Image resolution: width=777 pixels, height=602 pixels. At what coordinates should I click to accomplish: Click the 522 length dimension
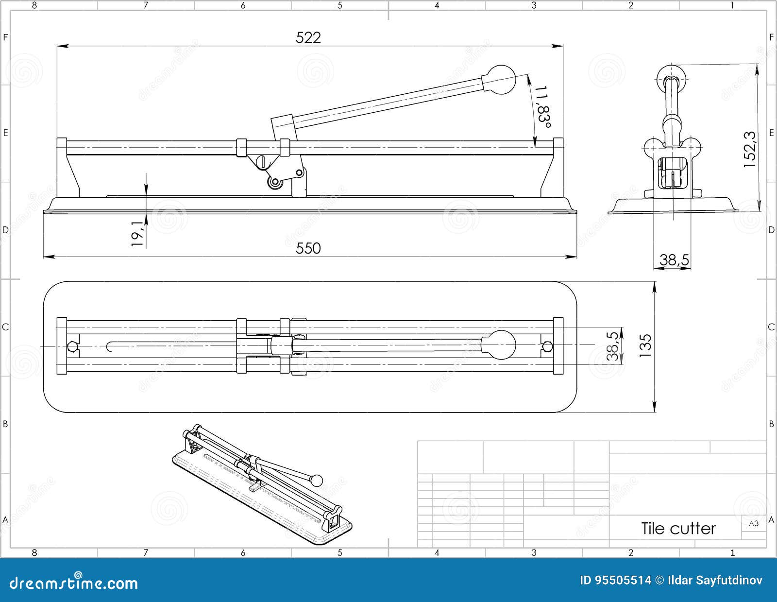308,38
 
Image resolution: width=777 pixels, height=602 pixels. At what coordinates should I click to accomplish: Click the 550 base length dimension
308,248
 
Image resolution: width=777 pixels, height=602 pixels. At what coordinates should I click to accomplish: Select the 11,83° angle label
543,108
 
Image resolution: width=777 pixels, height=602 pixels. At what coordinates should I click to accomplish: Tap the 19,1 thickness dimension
138,233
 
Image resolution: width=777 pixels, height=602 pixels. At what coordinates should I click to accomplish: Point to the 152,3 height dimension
750,150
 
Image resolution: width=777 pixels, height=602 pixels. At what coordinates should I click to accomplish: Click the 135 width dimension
645,346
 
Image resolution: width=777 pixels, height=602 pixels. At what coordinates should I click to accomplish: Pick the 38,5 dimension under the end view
674,260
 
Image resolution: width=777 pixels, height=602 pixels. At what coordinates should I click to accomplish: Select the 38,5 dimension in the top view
613,346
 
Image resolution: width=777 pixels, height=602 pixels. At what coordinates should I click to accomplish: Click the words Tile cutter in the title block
678,528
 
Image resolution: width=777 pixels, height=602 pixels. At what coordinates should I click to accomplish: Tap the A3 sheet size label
754,523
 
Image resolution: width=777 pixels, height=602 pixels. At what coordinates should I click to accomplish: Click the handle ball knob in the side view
500,80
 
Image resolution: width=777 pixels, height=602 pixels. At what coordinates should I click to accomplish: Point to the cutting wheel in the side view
275,183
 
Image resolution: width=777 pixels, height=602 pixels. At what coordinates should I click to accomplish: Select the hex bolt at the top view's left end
72,346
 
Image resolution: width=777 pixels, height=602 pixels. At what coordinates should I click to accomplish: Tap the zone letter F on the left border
5,37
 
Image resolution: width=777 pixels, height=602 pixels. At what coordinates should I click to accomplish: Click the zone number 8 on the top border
34,5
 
